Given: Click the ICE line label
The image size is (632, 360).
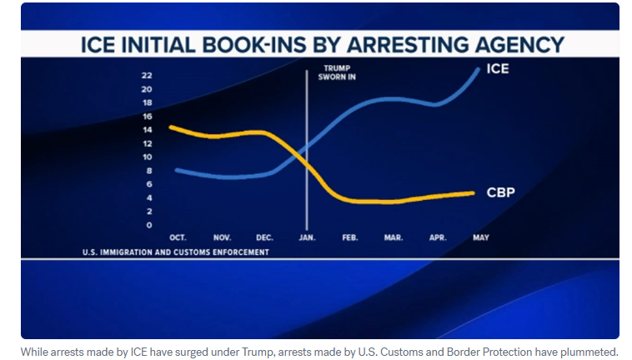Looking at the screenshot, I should (497, 69).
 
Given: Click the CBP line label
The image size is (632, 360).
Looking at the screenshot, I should (500, 193).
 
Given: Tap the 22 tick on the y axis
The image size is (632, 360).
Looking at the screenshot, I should (147, 75).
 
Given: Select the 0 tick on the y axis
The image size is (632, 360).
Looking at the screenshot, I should (150, 225).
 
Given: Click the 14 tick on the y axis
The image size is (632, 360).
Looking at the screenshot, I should (147, 130).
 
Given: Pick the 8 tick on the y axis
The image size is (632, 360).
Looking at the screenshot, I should (150, 171).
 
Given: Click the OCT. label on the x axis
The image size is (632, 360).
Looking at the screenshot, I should (178, 237).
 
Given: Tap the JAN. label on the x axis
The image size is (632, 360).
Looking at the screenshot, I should (307, 237).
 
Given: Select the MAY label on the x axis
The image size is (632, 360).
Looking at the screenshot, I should (480, 237).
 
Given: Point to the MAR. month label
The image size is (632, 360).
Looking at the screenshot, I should (394, 237).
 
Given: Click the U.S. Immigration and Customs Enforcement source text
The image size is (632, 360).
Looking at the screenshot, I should (176, 251).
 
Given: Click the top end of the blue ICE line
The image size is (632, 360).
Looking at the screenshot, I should (479, 68).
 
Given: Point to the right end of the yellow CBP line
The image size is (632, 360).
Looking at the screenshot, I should (473, 192).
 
